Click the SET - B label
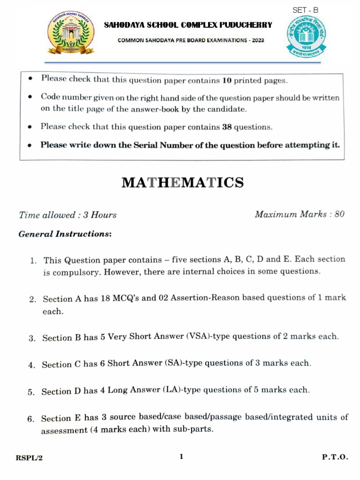click(306, 10)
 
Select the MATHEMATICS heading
click(183, 182)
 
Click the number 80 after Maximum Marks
click(339, 214)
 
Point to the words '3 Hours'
click(100, 215)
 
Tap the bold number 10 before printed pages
click(227, 80)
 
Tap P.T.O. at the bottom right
click(335, 457)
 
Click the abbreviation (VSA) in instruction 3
click(199, 337)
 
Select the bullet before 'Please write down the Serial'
click(30, 146)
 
